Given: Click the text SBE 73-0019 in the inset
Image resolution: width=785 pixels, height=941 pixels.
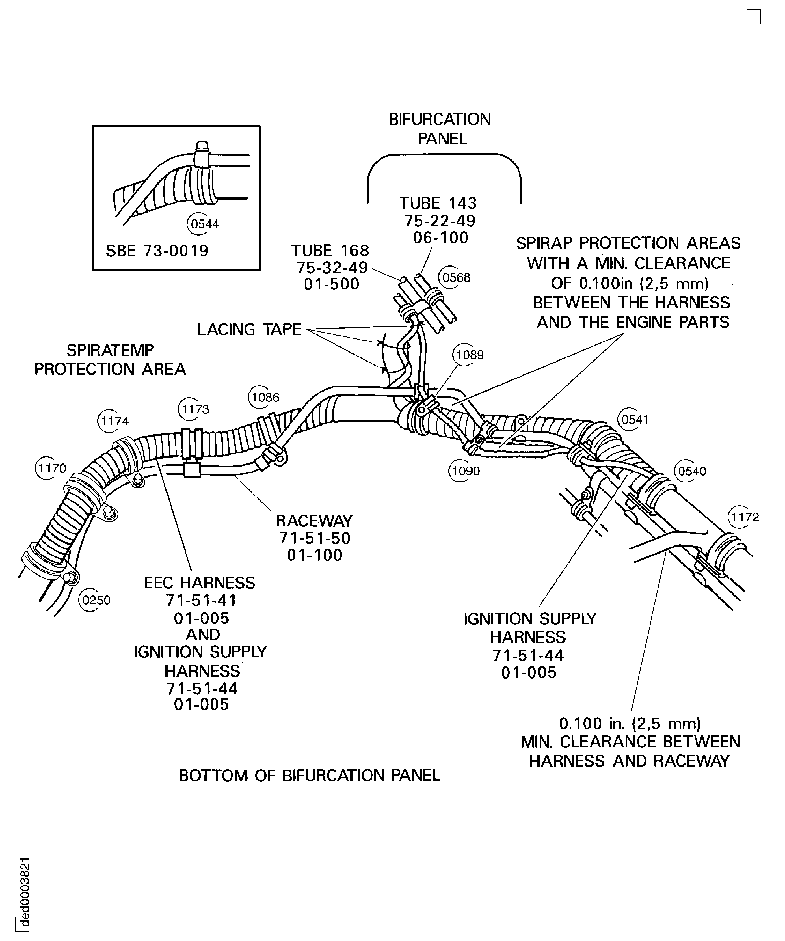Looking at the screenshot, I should [x=157, y=251].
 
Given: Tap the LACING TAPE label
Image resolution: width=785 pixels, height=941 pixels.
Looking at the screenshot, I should [x=249, y=329].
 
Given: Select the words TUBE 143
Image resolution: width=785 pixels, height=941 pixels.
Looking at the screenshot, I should [x=438, y=203].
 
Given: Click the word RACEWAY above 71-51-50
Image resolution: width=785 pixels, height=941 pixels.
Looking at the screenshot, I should [x=314, y=521].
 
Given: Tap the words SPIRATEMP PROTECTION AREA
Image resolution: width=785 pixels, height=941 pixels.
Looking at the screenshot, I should [x=110, y=359].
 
